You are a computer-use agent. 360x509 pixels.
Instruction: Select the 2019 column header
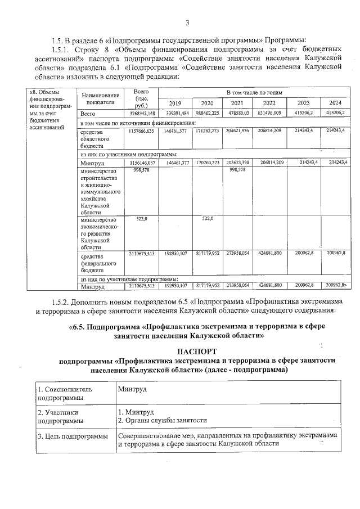coord(175,103)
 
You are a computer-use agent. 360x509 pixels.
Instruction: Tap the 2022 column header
coord(268,103)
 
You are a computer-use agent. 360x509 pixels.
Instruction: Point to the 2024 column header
coord(335,103)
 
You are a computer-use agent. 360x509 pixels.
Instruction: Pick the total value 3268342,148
coord(138,113)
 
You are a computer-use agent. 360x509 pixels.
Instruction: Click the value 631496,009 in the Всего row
coord(268,113)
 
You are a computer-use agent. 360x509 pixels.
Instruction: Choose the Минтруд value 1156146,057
coord(138,162)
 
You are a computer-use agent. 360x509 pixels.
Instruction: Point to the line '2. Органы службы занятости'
coord(163,420)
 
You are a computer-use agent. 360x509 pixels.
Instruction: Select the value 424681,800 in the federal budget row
coord(268,254)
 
